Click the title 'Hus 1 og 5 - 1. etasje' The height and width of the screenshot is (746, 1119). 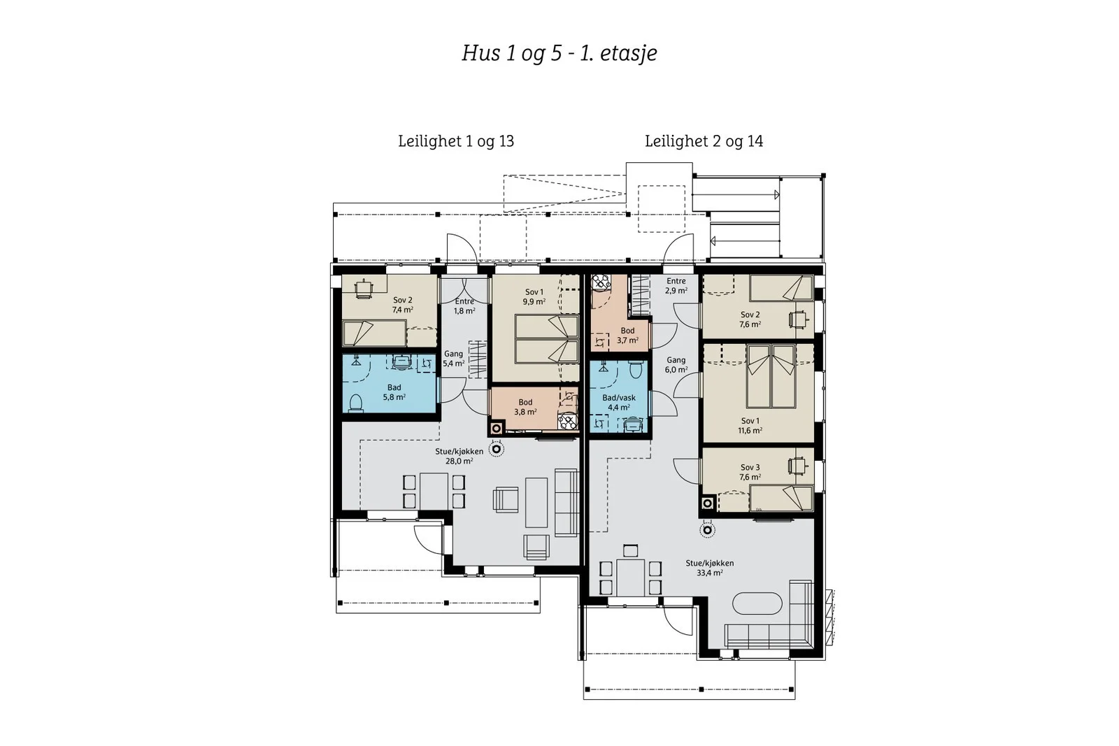click(559, 53)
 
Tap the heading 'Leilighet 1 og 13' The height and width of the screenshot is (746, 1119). click(455, 141)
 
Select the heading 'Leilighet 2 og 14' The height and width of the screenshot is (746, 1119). click(704, 141)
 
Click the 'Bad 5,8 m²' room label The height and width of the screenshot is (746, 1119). click(394, 392)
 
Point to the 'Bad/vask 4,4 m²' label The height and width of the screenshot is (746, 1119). click(619, 403)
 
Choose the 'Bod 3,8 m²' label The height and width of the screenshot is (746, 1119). click(525, 407)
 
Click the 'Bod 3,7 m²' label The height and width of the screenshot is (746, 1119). click(627, 336)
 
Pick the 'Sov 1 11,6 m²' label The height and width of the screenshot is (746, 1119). click(750, 426)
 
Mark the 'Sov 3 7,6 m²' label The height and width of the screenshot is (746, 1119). click(750, 473)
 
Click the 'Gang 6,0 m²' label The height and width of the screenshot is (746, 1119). click(676, 365)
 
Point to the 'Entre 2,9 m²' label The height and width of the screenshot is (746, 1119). click(676, 286)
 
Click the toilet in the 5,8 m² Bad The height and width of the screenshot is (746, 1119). click(356, 403)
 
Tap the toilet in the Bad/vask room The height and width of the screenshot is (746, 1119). click(636, 370)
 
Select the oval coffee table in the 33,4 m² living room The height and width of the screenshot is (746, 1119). click(757, 603)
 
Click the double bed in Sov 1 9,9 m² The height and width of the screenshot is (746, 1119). click(546, 339)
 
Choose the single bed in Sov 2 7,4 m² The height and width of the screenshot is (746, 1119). click(374, 333)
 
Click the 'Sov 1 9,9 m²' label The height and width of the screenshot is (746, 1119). click(534, 297)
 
